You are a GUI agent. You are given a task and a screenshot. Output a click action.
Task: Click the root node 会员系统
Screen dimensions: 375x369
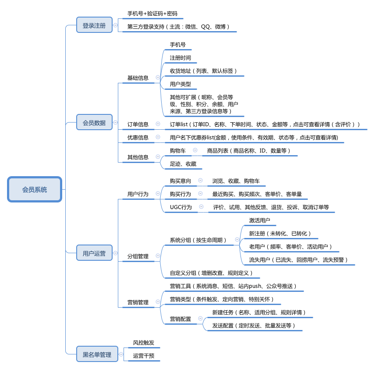pyautogui.click(x=35, y=189)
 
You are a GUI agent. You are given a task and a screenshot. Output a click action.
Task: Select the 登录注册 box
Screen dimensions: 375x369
pyautogui.click(x=94, y=25)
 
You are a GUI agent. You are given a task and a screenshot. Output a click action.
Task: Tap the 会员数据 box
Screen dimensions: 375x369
pyautogui.click(x=94, y=122)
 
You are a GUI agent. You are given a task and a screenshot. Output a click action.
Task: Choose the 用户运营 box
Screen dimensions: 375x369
pyautogui.click(x=94, y=253)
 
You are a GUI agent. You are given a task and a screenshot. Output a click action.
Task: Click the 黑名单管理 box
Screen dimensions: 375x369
pyautogui.click(x=97, y=354)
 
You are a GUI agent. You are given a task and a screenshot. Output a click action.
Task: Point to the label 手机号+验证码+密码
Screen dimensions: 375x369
pyautogui.click(x=152, y=14)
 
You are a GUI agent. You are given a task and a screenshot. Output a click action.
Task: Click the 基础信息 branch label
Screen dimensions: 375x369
pyautogui.click(x=138, y=78)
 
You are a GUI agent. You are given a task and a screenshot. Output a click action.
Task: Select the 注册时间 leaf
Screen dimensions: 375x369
pyautogui.click(x=180, y=58)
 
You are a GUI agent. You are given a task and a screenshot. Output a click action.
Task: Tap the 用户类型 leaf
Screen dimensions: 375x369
pyautogui.click(x=180, y=84)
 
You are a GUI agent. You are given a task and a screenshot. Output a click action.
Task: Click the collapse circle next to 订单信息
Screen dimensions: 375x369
pyautogui.click(x=158, y=124)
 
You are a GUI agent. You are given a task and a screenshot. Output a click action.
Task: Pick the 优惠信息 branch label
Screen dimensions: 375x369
pyautogui.click(x=138, y=137)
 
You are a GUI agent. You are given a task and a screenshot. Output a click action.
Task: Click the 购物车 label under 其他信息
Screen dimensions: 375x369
pyautogui.click(x=178, y=150)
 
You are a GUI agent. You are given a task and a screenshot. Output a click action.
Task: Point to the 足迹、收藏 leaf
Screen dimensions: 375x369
pyautogui.click(x=183, y=163)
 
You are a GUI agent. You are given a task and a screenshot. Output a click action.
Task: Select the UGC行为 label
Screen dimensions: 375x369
pyautogui.click(x=181, y=207)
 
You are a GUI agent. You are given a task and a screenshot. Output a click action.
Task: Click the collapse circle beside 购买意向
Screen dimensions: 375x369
pyautogui.click(x=200, y=180)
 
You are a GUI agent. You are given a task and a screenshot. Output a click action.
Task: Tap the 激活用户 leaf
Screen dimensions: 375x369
pyautogui.click(x=259, y=220)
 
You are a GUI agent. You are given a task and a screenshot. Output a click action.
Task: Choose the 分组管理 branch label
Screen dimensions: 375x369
pyautogui.click(x=138, y=256)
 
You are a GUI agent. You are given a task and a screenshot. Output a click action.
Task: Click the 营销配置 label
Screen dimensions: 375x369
pyautogui.click(x=180, y=319)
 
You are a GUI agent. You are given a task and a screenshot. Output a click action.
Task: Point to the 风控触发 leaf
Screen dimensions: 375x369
pyautogui.click(x=144, y=342)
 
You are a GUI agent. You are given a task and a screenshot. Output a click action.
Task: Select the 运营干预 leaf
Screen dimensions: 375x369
pyautogui.click(x=144, y=355)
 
